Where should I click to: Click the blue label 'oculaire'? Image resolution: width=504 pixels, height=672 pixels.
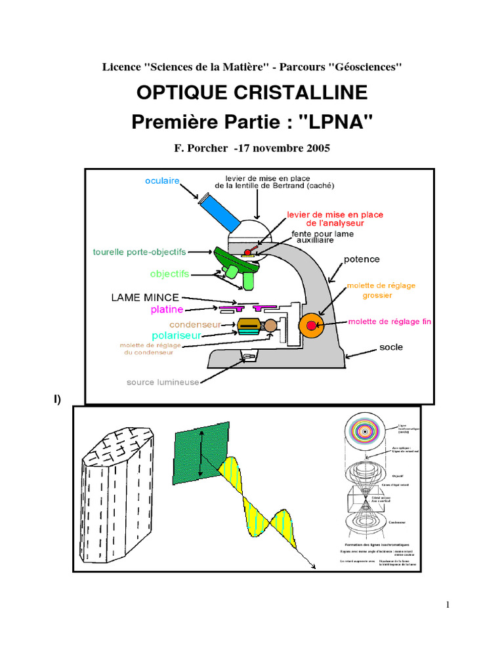pyautogui.click(x=162, y=180)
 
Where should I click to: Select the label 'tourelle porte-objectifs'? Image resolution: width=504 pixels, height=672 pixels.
pyautogui.click(x=139, y=252)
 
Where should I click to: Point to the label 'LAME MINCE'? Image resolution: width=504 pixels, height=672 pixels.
pyautogui.click(x=145, y=297)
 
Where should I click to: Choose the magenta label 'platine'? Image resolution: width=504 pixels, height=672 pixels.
pyautogui.click(x=167, y=309)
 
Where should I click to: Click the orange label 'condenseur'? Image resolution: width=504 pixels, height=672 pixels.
pyautogui.click(x=194, y=324)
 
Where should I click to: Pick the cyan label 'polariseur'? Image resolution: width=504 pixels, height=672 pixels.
pyautogui.click(x=176, y=335)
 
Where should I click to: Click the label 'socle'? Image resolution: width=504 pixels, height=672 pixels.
pyautogui.click(x=391, y=346)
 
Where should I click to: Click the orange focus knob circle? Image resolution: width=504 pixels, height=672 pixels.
pyautogui.click(x=311, y=325)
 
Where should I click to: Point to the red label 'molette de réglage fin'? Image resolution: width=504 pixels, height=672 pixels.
pyautogui.click(x=389, y=322)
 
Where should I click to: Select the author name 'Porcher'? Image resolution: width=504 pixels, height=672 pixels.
pyautogui.click(x=205, y=148)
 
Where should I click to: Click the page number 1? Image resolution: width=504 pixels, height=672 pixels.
pyautogui.click(x=447, y=605)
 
